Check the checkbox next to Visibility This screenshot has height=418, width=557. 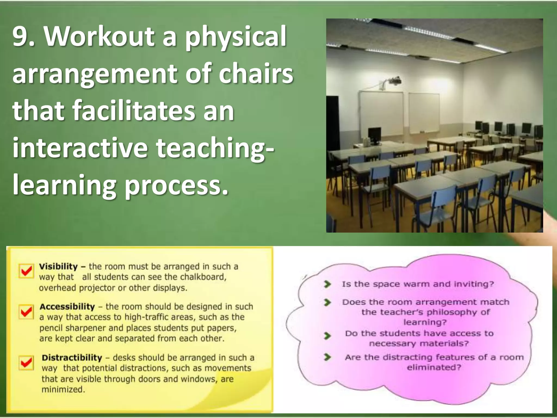coord(26,271)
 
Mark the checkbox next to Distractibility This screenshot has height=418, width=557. coord(26,362)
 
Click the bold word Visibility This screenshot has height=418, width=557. coord(58,266)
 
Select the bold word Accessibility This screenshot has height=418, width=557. coord(67,307)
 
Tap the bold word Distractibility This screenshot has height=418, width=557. coord(72,358)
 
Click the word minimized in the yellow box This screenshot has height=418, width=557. coord(63,389)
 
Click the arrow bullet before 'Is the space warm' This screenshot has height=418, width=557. coord(327,284)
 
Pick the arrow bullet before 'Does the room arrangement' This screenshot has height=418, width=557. coord(327,302)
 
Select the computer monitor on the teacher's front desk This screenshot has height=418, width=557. coord(375,134)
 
